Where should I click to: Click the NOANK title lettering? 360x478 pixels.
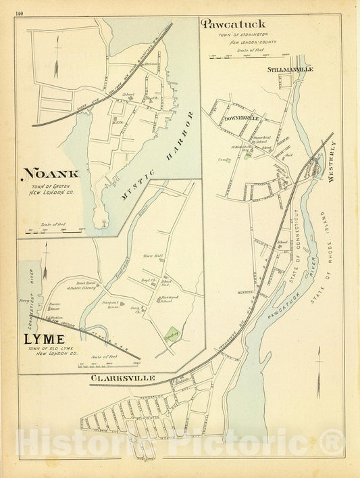click(51, 174)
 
